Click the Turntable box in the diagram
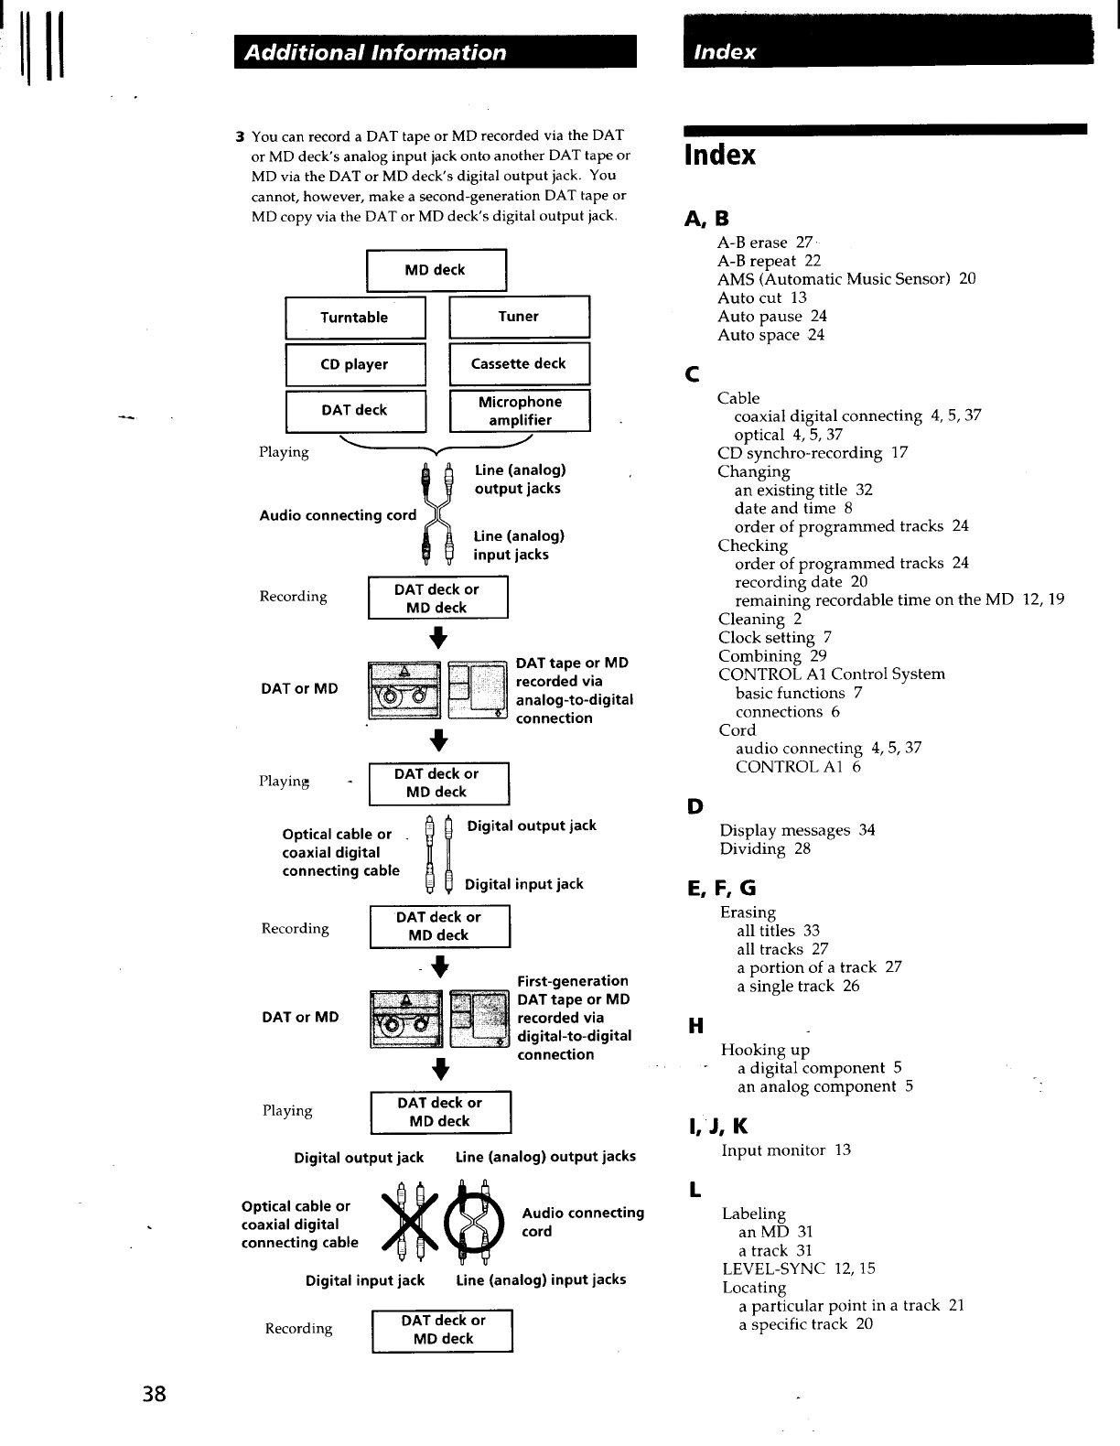pos(355,318)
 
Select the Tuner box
pos(519,317)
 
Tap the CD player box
pos(355,364)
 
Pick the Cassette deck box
pos(519,363)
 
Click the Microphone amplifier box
pos(520,411)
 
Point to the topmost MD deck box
pos(436,270)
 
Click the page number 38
pos(154,1394)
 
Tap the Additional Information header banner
pos(435,52)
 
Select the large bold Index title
pos(721,155)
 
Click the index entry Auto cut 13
pos(762,297)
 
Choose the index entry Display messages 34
pos(797,830)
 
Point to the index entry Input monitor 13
pos(786,1149)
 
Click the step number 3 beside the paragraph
pos(239,137)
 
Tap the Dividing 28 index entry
pos(765,848)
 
